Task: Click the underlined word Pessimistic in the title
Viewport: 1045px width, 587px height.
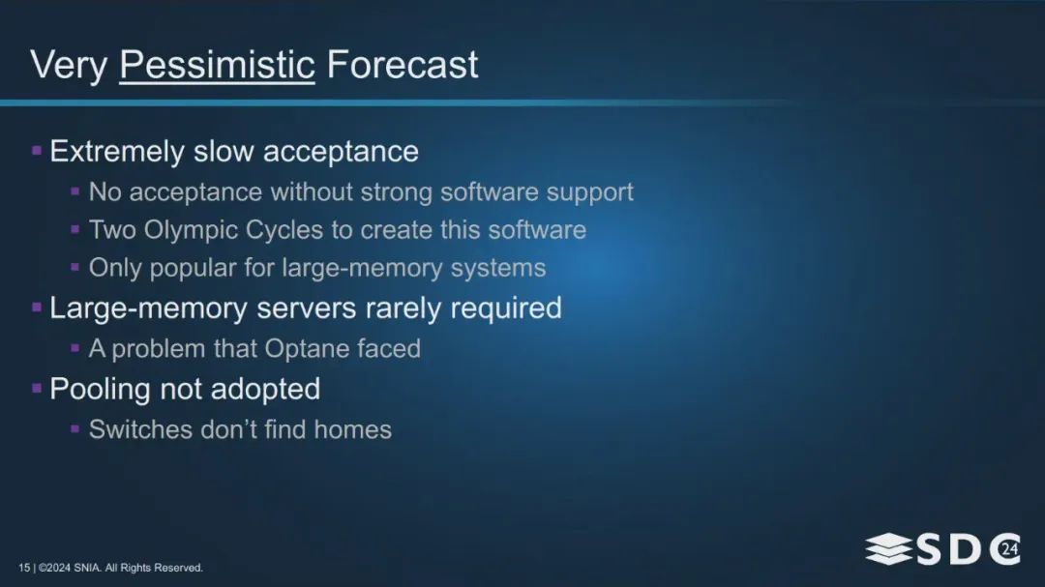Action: pyautogui.click(x=217, y=66)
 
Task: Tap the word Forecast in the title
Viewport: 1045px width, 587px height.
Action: pyautogui.click(x=402, y=65)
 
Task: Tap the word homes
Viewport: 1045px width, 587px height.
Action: pyautogui.click(x=352, y=429)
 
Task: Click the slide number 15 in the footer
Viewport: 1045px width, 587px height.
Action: pyautogui.click(x=24, y=568)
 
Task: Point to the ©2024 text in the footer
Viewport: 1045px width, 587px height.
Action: pyautogui.click(x=54, y=568)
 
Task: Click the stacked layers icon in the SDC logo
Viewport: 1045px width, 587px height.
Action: pyautogui.click(x=889, y=549)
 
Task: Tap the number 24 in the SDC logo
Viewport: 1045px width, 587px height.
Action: pyautogui.click(x=1009, y=549)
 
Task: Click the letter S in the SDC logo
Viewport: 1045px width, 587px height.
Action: pyautogui.click(x=929, y=549)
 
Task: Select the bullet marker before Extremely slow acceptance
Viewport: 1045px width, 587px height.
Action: pyautogui.click(x=37, y=151)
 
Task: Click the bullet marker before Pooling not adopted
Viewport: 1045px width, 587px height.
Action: pyautogui.click(x=37, y=389)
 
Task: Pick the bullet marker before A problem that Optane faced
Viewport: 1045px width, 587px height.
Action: pyautogui.click(x=75, y=348)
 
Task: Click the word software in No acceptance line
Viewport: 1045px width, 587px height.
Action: pyautogui.click(x=490, y=192)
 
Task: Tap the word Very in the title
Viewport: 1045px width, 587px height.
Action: pyautogui.click(x=69, y=66)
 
